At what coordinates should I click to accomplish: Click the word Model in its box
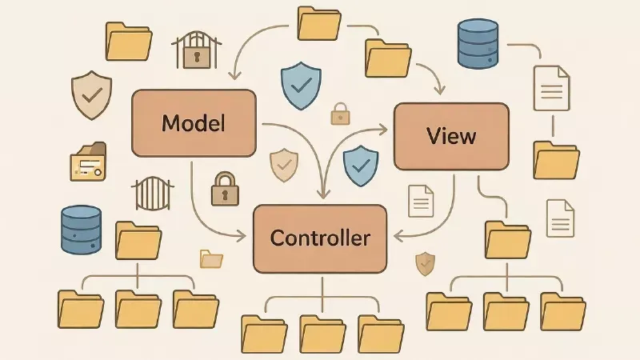click(x=193, y=123)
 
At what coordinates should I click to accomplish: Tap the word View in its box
click(x=451, y=135)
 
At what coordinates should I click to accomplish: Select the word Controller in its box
click(x=320, y=238)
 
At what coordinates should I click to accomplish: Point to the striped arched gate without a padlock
click(x=151, y=194)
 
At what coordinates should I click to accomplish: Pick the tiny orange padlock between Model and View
click(x=340, y=114)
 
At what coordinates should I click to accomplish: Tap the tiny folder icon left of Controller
click(x=211, y=258)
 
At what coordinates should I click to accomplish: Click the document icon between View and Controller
click(x=421, y=200)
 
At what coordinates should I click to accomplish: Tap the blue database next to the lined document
click(x=478, y=44)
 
